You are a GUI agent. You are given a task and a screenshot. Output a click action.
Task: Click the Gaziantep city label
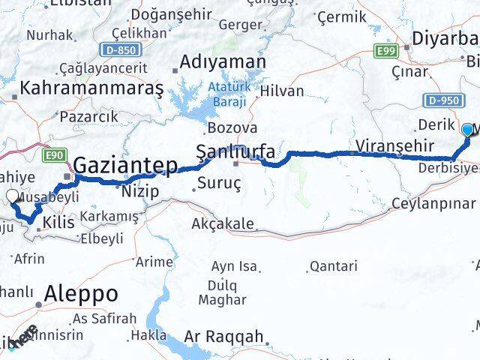pos(126,164)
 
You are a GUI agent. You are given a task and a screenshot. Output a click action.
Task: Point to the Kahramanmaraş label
pos(91,88)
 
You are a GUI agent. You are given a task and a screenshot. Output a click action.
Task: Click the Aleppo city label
pos(82,293)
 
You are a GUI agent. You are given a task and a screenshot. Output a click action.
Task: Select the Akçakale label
pos(223,223)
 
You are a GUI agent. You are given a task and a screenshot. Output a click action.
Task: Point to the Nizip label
pos(139,191)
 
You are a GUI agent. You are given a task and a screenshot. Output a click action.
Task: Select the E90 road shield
pos(53,154)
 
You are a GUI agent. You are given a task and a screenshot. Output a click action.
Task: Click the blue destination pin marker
pos(468,130)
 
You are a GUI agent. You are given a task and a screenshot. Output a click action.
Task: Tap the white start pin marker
pos(13,197)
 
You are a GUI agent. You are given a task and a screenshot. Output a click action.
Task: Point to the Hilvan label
pos(283,91)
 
